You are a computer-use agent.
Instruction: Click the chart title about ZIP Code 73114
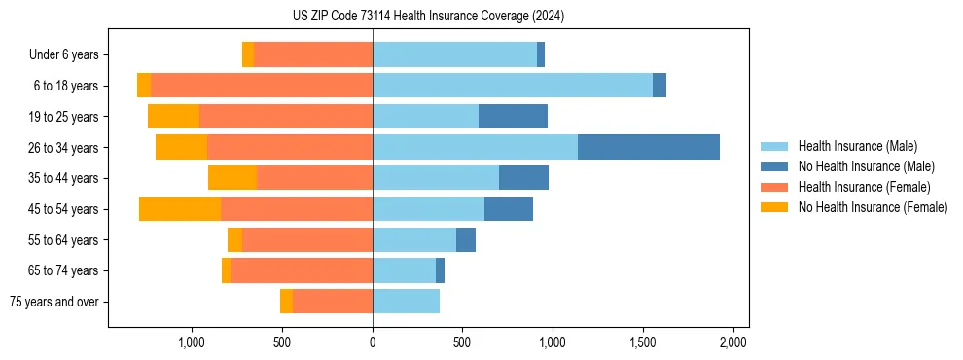click(428, 17)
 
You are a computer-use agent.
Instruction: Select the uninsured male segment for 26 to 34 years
click(649, 147)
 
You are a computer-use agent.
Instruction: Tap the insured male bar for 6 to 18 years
click(513, 86)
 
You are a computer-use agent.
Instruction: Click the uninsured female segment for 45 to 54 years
click(180, 209)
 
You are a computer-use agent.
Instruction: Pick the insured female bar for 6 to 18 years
click(262, 86)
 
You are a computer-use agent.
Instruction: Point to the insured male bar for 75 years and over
click(406, 302)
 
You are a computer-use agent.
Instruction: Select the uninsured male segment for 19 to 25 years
click(513, 117)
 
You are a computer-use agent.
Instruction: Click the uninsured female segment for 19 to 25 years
click(173, 117)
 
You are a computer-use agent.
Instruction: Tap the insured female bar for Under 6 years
click(313, 54)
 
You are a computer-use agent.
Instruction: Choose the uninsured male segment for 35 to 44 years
click(523, 178)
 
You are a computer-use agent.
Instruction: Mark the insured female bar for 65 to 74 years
click(302, 270)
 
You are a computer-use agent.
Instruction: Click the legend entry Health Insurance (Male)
click(857, 146)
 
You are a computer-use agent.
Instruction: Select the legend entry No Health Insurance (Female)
click(873, 207)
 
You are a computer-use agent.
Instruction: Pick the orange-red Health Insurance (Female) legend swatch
click(774, 187)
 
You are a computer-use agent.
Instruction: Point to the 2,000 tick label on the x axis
click(732, 342)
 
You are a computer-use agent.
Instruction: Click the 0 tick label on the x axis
click(373, 342)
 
